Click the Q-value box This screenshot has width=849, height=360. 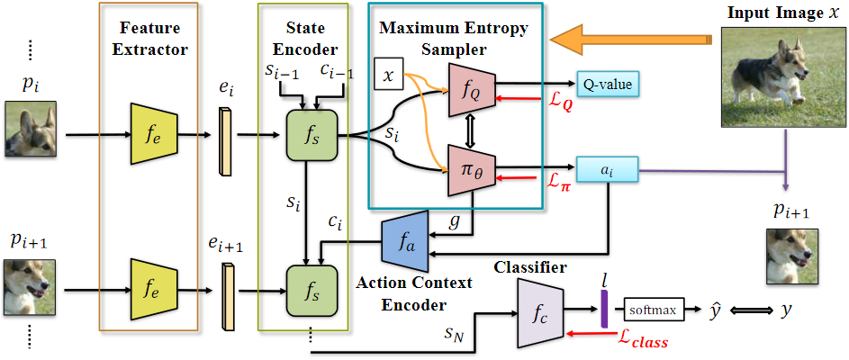[607, 85]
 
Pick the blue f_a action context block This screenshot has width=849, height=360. [407, 239]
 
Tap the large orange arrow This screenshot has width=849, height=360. [630, 40]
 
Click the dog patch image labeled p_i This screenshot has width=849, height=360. [30, 129]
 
